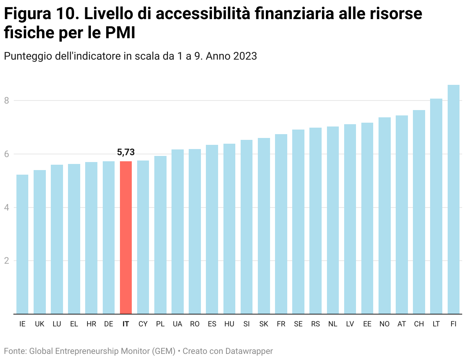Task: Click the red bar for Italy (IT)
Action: (126, 237)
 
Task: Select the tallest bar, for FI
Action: (453, 199)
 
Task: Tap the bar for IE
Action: (22, 244)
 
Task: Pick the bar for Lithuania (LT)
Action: (436, 206)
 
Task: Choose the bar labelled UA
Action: (177, 232)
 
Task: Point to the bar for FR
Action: (281, 224)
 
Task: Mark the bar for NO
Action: (384, 216)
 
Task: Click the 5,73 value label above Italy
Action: (126, 152)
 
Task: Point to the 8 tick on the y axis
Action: (6, 101)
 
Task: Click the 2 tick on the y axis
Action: (6, 261)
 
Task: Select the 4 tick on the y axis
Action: (6, 208)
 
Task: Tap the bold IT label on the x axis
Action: (126, 324)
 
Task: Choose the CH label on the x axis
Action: (419, 324)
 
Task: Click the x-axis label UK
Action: (39, 324)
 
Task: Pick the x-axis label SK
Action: (264, 324)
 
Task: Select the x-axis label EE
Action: (367, 324)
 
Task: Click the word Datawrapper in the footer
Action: (249, 351)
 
